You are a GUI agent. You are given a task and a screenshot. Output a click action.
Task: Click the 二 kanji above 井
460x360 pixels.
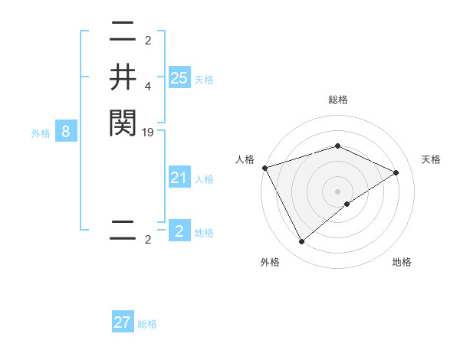123,32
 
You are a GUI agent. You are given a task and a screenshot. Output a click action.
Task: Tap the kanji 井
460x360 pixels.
123,77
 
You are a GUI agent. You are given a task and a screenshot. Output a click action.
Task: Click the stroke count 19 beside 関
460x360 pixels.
149,133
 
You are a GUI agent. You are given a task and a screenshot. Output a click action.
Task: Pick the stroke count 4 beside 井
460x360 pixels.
149,87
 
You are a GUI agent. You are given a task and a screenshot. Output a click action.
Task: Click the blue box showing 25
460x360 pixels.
179,77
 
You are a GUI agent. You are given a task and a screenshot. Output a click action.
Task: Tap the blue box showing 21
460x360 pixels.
179,178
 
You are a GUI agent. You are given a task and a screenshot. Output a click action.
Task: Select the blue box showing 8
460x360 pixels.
66,132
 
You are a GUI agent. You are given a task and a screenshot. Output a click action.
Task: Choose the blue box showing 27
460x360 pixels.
123,322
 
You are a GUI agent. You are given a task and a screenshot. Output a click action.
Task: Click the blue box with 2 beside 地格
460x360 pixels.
179,231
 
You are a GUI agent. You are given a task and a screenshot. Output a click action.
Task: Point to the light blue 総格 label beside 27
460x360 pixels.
147,324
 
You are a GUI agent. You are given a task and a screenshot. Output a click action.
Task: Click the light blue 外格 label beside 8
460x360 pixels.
41,133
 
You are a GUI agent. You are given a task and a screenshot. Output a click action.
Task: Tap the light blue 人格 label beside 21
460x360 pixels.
204,180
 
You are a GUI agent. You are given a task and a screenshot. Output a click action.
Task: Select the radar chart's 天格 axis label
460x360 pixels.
431,159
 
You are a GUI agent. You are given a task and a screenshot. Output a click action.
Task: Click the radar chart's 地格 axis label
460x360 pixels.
402,263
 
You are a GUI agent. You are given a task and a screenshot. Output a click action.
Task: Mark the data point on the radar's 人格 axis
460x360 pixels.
264,168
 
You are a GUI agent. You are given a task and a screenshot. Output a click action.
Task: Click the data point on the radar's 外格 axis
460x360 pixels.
301,242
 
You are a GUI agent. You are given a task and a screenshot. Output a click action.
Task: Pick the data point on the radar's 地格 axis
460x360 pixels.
347,204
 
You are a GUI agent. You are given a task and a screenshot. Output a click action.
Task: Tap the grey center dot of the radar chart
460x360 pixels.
337,191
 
